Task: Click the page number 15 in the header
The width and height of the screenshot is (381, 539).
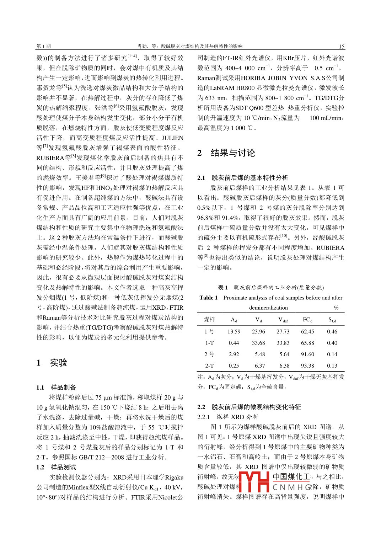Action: click(x=341, y=46)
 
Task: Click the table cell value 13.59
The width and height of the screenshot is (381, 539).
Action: click(x=234, y=331)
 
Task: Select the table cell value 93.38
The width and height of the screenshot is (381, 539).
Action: click(x=307, y=365)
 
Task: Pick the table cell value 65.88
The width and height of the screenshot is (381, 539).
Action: click(x=307, y=343)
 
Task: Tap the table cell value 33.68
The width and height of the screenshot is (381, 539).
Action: click(x=258, y=343)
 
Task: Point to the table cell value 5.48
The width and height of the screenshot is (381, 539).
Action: click(x=260, y=354)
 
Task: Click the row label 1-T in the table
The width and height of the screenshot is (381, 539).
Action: click(x=209, y=343)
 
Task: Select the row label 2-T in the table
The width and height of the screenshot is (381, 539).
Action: click(x=209, y=365)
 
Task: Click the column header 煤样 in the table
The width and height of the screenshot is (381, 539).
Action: click(x=209, y=320)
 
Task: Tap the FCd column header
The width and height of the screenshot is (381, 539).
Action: click(x=307, y=320)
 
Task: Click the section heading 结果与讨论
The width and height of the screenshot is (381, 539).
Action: click(x=233, y=153)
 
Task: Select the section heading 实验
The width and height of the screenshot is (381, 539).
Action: click(x=59, y=363)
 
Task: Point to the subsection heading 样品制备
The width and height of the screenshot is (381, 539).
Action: click(x=63, y=387)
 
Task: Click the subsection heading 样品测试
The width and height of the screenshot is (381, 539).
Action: click(x=63, y=467)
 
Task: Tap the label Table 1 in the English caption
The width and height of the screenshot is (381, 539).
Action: click(x=209, y=298)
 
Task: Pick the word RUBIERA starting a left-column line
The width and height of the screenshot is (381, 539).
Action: click(x=50, y=158)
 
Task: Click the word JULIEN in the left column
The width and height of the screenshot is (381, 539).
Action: click(x=172, y=138)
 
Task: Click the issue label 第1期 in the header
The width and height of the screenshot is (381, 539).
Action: click(x=43, y=46)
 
